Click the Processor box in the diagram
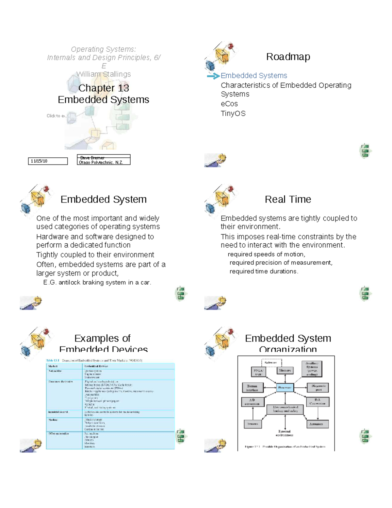tap(285, 388)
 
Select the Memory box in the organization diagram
tap(285, 371)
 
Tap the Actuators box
tap(316, 424)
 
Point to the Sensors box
tap(253, 424)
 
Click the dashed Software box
tap(271, 363)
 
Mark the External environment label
tap(285, 433)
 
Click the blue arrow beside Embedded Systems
tap(213, 76)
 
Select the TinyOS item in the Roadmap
tap(233, 114)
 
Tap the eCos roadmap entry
tap(229, 104)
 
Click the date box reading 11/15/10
tap(48, 161)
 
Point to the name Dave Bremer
tap(92, 158)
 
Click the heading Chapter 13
tap(104, 88)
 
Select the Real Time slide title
tap(288, 199)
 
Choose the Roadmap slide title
tap(288, 57)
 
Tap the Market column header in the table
tap(53, 366)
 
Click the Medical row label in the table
tap(53, 420)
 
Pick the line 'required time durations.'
tap(264, 271)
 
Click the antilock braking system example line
tap(97, 282)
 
